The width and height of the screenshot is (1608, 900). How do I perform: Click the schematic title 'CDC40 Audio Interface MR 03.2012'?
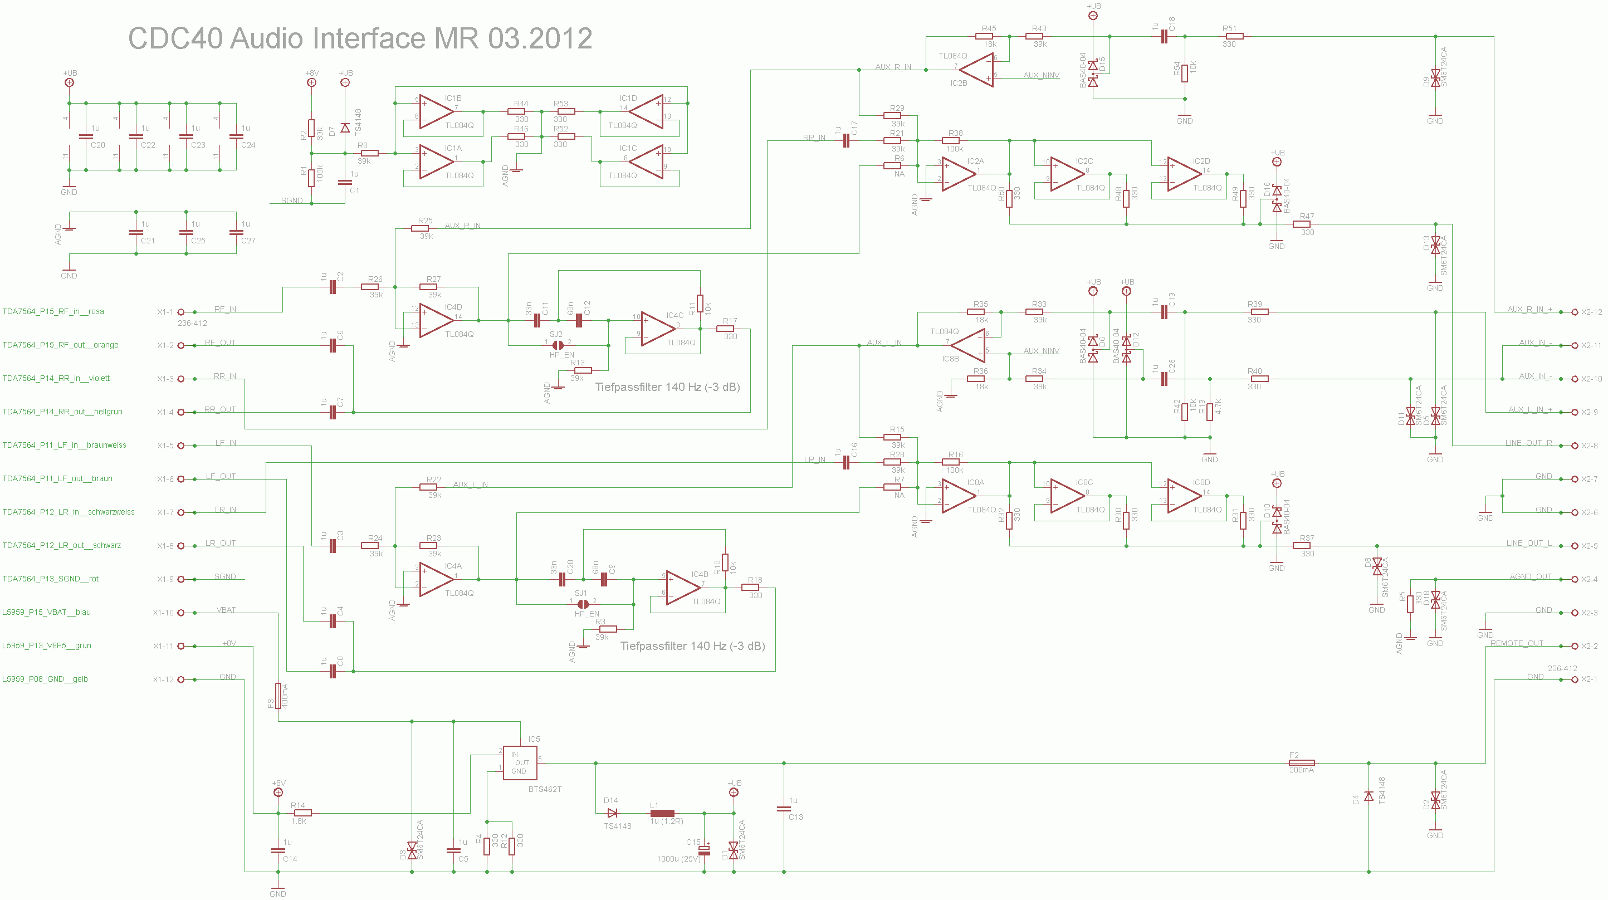point(360,38)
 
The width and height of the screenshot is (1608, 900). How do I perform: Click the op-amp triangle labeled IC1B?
point(436,112)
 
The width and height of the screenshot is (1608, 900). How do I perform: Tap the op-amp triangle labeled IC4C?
point(658,329)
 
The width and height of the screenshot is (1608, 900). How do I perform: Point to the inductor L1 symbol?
point(662,813)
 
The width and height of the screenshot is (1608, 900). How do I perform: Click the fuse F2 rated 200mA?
point(1302,762)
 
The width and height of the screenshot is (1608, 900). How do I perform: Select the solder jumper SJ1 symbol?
point(583,604)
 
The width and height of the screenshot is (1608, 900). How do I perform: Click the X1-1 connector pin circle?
point(181,312)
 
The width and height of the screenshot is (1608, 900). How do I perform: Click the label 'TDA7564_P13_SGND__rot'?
point(51,579)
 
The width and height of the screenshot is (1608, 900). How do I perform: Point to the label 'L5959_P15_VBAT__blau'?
point(47,612)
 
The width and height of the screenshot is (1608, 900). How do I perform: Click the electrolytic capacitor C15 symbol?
point(704,850)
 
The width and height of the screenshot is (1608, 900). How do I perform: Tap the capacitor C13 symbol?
point(784,808)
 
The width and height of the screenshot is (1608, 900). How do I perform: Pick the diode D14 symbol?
point(612,813)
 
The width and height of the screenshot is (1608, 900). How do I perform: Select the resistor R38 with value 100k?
point(951,141)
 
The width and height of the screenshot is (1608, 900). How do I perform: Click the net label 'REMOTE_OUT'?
point(1516,643)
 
